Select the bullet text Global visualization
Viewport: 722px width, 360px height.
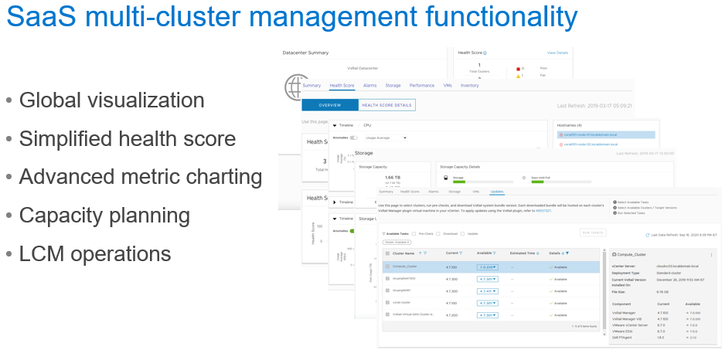111,100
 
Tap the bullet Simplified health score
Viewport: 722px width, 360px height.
127,139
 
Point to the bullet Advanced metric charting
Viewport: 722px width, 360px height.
140,177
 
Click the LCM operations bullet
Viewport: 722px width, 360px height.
95,253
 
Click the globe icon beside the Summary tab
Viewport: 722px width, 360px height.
292,85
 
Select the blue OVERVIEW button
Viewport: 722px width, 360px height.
330,105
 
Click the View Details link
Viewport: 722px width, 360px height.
557,53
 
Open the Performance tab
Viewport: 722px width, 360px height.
421,86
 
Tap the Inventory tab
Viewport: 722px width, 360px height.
469,86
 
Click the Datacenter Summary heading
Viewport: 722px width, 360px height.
305,53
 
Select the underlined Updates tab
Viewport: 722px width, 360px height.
497,191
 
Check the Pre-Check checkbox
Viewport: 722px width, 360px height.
414,233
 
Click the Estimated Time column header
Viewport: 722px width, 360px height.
523,253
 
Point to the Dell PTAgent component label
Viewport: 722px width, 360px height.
623,338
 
